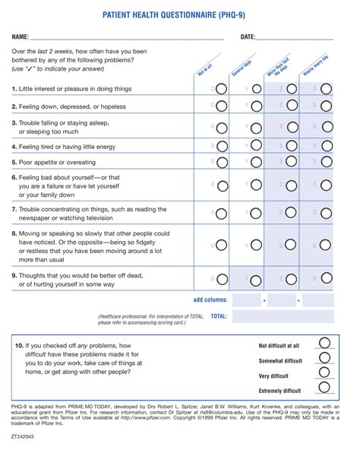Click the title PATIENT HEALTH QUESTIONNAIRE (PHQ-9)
tap(180, 14)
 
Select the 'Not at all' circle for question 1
tap(221, 88)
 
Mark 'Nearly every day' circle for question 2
tap(326, 107)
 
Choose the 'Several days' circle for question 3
tap(257, 126)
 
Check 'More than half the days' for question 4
tap(291, 145)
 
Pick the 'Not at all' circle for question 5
tap(221, 163)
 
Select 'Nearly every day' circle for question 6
tap(326, 185)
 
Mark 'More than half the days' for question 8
tap(291, 245)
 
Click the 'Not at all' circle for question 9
tap(221, 277)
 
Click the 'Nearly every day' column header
tap(314, 67)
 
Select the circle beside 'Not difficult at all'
tap(325, 344)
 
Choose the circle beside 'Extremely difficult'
tap(325, 388)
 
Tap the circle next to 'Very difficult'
tap(325, 373)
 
